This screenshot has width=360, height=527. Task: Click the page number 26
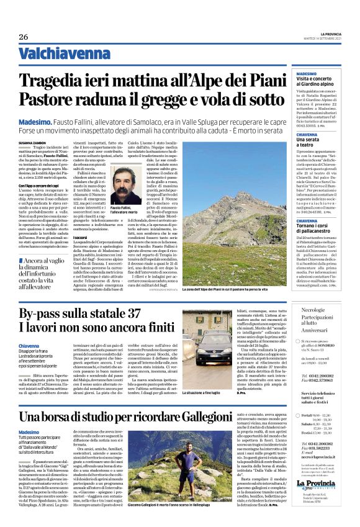pyautogui.click(x=24, y=37)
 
